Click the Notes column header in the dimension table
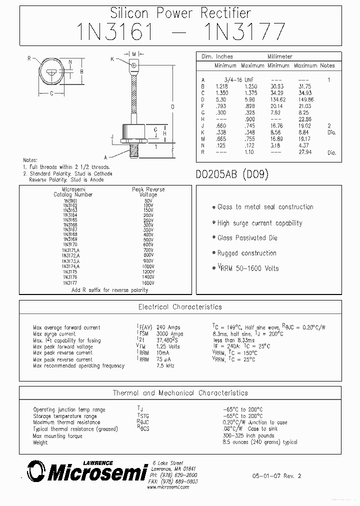[327, 65]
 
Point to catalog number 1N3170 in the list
[70, 244]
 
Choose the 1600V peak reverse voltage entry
[148, 283]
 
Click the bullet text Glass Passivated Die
[247, 238]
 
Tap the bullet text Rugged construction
[247, 253]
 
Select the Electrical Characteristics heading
[180, 307]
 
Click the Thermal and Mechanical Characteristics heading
[180, 393]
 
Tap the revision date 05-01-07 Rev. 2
[276, 476]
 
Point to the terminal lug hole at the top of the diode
[133, 65]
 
